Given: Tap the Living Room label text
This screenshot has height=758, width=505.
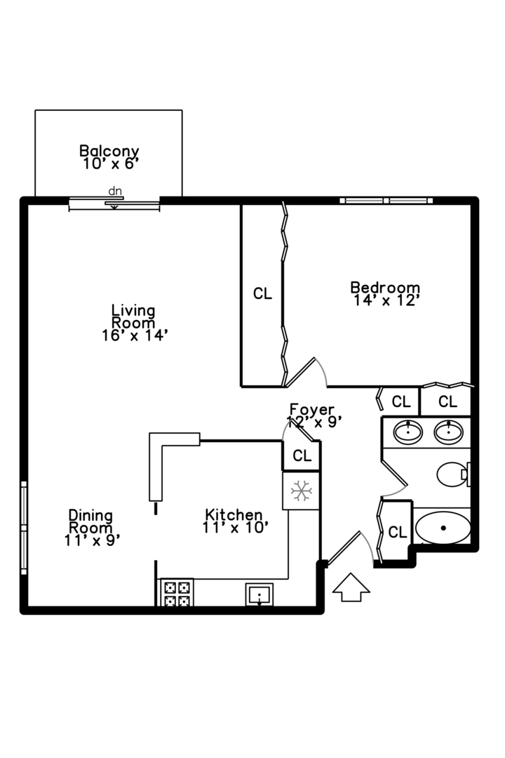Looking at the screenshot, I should (133, 322).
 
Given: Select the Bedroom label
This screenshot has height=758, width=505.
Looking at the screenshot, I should (385, 293).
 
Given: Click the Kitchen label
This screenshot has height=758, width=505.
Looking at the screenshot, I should (234, 521).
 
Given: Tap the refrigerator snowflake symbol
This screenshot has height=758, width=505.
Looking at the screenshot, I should (302, 491).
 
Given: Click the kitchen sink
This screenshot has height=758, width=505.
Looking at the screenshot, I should (260, 595).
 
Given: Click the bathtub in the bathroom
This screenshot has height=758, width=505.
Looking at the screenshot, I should (443, 528).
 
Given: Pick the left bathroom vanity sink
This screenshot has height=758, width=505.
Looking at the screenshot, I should (407, 432).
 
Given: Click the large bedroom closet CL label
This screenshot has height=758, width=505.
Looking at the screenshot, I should (262, 294).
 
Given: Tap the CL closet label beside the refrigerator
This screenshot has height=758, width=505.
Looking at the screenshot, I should (302, 456).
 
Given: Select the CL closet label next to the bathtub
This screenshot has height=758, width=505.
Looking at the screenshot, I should (397, 532).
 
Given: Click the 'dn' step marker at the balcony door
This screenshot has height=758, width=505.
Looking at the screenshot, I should (114, 191).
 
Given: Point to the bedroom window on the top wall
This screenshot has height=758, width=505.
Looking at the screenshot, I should (386, 201).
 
